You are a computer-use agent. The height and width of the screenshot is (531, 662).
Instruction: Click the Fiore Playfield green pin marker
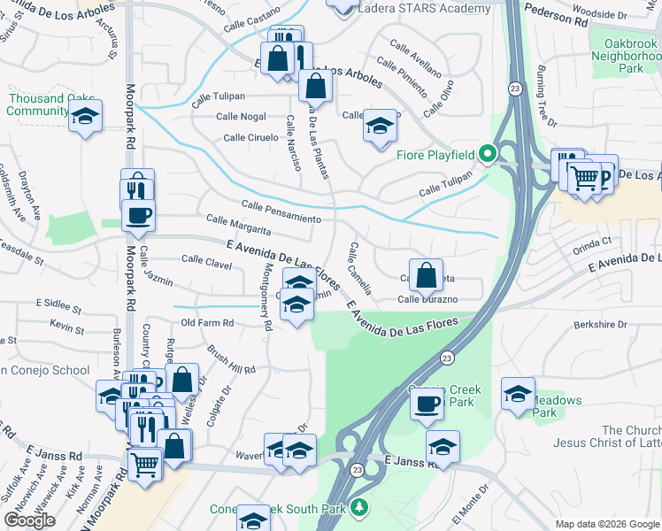pyautogui.click(x=486, y=154)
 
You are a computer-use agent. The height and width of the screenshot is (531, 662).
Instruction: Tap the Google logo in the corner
pyautogui.click(x=29, y=520)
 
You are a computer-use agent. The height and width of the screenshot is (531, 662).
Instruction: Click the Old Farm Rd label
pyautogui.click(x=206, y=323)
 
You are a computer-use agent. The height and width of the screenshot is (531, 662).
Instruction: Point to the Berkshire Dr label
pyautogui.click(x=599, y=325)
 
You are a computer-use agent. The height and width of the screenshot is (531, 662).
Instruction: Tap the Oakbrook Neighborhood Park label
pyautogui.click(x=630, y=55)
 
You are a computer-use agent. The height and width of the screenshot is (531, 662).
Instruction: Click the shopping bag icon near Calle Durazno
pyautogui.click(x=427, y=274)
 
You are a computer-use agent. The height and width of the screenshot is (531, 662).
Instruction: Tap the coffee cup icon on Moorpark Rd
pyautogui.click(x=137, y=215)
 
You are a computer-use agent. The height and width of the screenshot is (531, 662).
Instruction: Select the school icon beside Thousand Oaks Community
pyautogui.click(x=85, y=117)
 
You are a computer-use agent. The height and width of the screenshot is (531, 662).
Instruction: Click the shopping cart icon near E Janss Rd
pyautogui.click(x=144, y=463)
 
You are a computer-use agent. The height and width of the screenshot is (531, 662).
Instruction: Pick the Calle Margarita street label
pyautogui.click(x=238, y=225)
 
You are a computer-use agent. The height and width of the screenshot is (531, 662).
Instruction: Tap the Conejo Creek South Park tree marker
pyautogui.click(x=358, y=508)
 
